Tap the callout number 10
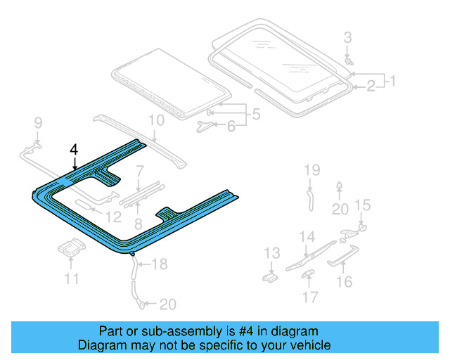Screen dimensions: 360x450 pyautogui.click(x=155, y=120)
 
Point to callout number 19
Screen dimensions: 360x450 pyautogui.click(x=311, y=169)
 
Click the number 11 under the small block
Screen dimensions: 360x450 pyautogui.click(x=70, y=279)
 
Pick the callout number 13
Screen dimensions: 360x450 pyautogui.click(x=271, y=253)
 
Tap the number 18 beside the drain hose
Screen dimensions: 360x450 pyautogui.click(x=160, y=264)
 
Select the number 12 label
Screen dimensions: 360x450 pyautogui.click(x=114, y=217)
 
